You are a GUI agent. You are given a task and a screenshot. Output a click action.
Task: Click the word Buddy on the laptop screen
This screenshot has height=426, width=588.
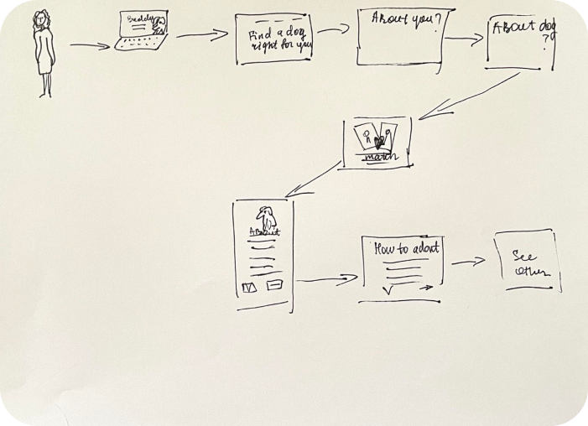pos(138,18)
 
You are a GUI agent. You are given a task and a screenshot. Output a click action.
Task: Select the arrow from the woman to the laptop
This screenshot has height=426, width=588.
pos(90,45)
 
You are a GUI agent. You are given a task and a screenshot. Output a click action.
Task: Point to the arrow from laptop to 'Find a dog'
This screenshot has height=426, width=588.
pos(202,35)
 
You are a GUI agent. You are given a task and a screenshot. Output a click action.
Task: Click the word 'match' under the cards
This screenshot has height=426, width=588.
pos(377,155)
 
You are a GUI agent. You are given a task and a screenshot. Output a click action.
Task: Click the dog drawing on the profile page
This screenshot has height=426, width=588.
pos(267,218)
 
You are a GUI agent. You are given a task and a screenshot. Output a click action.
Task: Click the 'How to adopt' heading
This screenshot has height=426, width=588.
pos(406,247)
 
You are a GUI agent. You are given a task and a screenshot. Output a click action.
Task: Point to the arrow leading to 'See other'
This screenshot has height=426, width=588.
pos(468,262)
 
